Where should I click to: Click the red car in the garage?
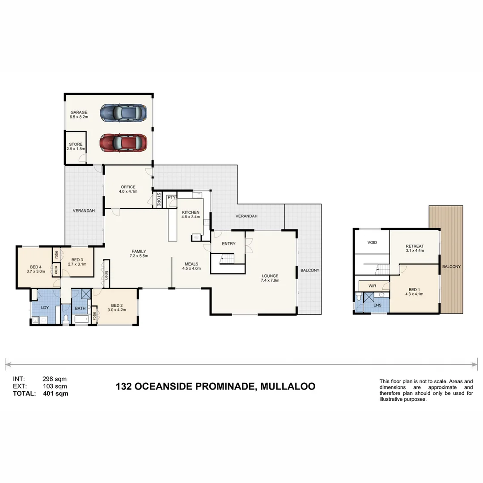coord(123,143)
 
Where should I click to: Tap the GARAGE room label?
coord(79,112)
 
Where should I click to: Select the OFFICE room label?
coord(128,187)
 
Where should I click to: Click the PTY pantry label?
coord(171,197)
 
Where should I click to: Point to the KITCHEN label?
coord(190,212)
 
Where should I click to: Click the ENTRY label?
coord(229,244)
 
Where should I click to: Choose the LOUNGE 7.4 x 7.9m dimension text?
coord(270,280)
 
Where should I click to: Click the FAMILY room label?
coord(139,251)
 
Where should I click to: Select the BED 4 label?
coord(35,267)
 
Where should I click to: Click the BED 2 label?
coord(116,305)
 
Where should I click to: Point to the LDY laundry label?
coord(45,308)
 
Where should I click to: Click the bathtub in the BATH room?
coord(80,319)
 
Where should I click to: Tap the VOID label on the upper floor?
coord(372,242)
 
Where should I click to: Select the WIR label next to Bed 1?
coord(372,285)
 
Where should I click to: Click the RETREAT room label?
coord(415,246)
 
